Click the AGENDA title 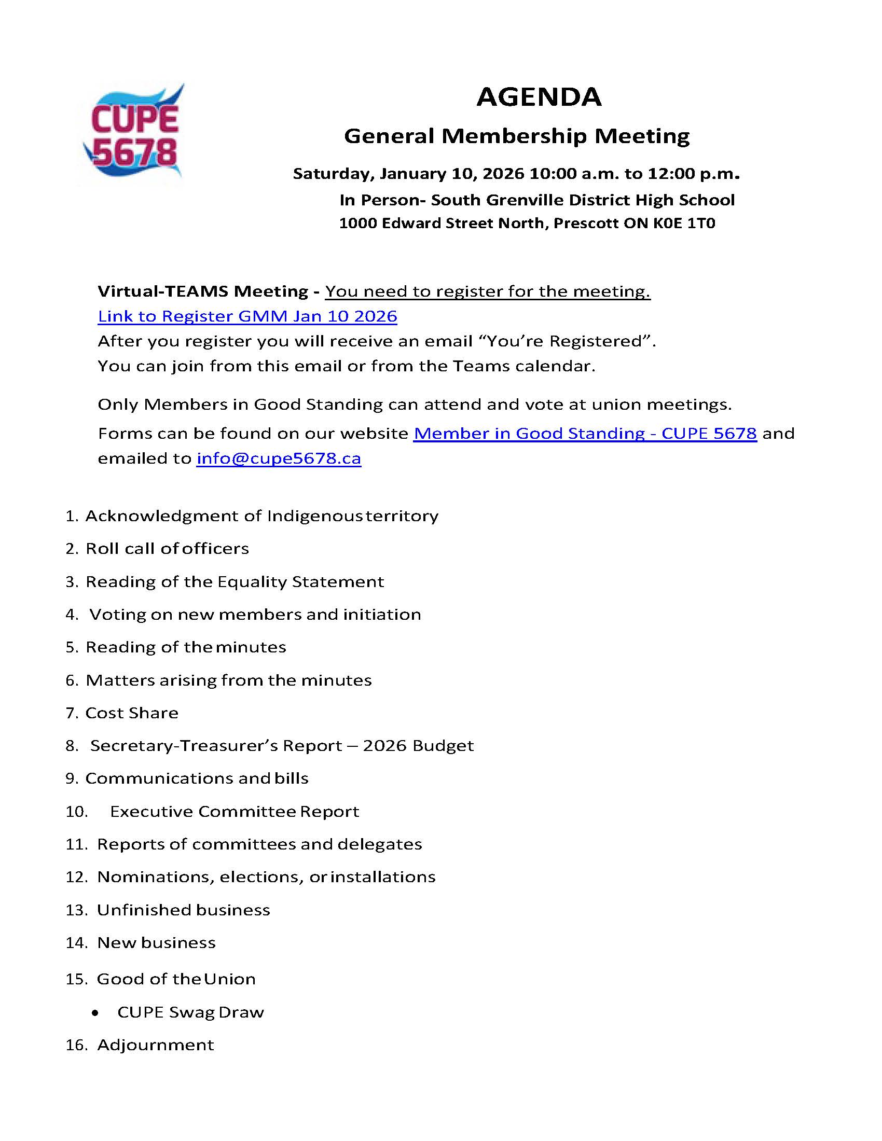(539, 97)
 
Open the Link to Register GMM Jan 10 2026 (247, 316)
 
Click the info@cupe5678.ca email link (279, 458)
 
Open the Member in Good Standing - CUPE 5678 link (585, 433)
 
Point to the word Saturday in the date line (334, 173)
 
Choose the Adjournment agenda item (155, 1045)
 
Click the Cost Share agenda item (132, 713)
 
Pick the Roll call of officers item (167, 549)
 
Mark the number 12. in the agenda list (76, 876)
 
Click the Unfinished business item (183, 910)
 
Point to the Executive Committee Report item (235, 811)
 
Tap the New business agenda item (156, 942)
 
